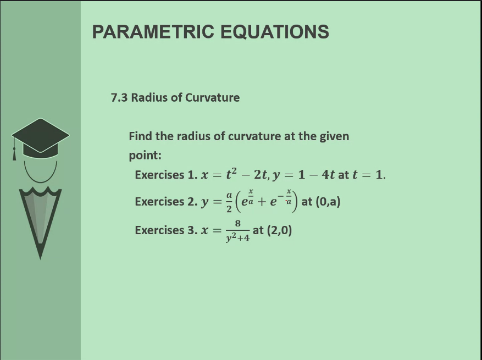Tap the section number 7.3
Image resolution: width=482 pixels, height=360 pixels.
pyautogui.click(x=119, y=98)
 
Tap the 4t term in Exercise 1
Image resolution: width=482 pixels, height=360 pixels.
pyautogui.click(x=329, y=175)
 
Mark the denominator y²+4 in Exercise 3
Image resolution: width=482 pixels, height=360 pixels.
pyautogui.click(x=237, y=238)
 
